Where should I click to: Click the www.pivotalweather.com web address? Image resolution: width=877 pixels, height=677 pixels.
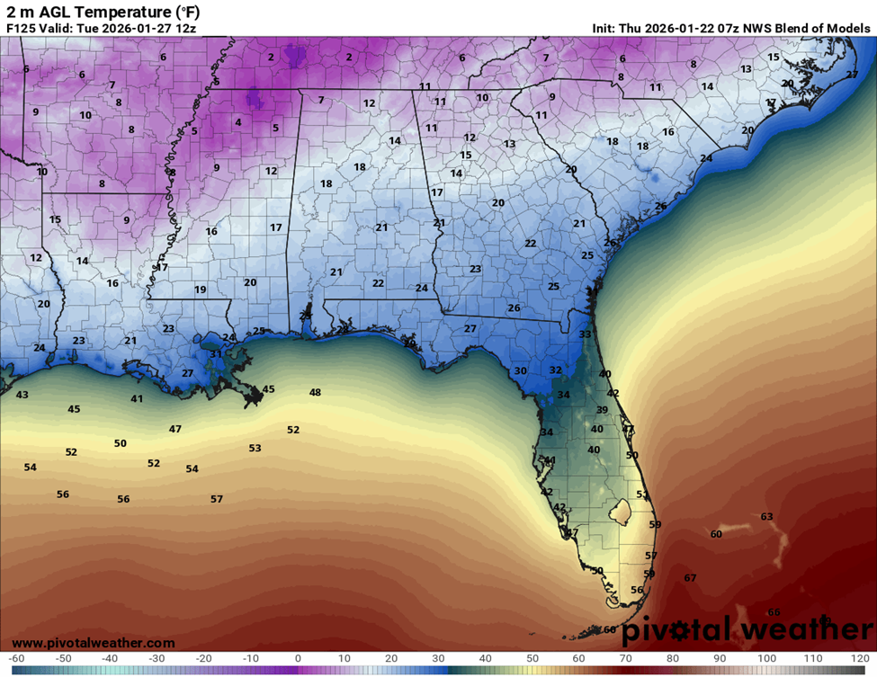tap(94, 643)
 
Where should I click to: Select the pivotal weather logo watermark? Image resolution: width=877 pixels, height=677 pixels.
tap(739, 628)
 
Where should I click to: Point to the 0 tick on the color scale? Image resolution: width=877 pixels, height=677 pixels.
tap(298, 659)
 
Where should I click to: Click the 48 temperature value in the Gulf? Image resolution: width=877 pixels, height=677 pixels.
tap(315, 392)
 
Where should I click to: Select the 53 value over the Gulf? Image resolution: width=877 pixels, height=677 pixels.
tap(255, 448)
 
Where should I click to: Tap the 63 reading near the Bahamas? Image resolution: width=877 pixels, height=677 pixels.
tap(766, 516)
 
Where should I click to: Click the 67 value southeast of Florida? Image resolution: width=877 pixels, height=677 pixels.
tap(690, 577)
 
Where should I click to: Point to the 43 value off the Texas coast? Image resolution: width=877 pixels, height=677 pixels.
tap(22, 395)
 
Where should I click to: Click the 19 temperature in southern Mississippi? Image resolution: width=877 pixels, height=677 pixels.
tap(200, 290)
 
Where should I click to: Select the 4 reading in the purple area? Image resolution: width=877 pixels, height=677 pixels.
tap(238, 122)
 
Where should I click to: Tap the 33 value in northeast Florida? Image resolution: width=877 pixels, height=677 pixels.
tap(585, 334)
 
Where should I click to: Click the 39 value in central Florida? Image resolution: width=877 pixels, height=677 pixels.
tap(602, 409)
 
